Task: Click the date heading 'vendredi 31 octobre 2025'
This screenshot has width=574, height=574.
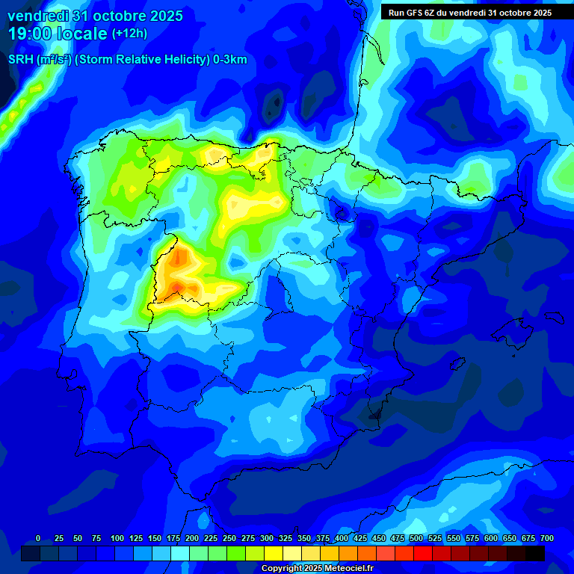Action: click(95, 15)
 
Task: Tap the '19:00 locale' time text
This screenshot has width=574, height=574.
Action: click(58, 33)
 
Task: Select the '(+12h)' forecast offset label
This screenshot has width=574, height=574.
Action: click(129, 34)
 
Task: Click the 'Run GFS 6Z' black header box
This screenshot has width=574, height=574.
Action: click(470, 12)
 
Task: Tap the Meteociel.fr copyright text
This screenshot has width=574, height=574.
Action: click(317, 569)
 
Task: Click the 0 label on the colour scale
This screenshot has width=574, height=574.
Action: click(38, 538)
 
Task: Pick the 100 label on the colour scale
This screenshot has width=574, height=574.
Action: click(117, 538)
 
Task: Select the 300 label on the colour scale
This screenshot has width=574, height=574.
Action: click(267, 538)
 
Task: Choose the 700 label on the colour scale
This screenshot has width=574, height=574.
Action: click(547, 538)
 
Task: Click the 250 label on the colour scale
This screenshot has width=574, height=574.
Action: click(229, 538)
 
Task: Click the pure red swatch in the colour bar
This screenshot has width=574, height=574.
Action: click(423, 553)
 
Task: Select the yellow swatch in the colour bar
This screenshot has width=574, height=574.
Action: click(274, 553)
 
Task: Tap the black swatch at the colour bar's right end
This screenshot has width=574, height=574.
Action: click(535, 553)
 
